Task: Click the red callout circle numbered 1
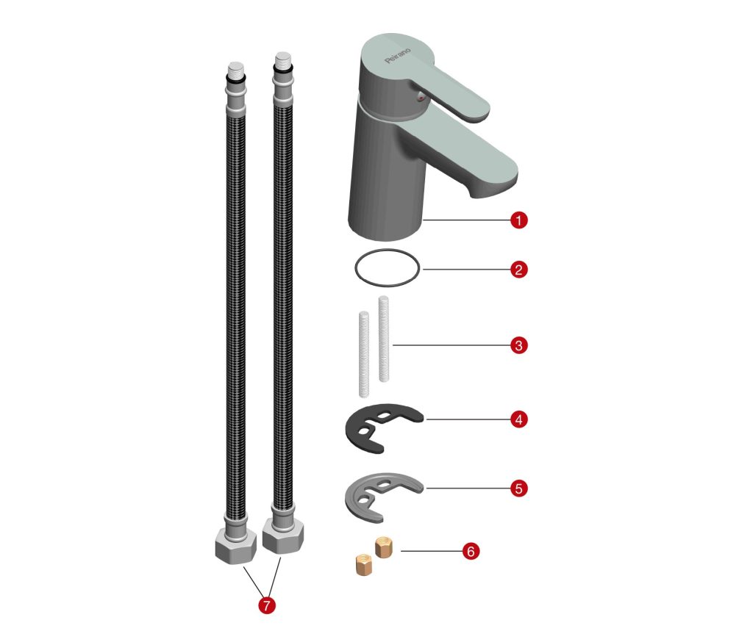(x=518, y=220)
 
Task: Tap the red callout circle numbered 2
(x=518, y=269)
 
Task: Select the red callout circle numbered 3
(x=518, y=345)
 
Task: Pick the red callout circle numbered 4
(x=518, y=419)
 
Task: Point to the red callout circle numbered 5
(x=518, y=488)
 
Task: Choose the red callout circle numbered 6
(x=471, y=551)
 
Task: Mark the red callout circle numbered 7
(x=267, y=605)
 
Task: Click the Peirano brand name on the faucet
(x=398, y=55)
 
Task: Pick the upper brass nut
(x=384, y=547)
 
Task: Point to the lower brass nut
(x=363, y=564)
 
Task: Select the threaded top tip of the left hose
(x=235, y=70)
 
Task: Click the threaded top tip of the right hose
(x=283, y=60)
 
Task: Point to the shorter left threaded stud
(x=364, y=355)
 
